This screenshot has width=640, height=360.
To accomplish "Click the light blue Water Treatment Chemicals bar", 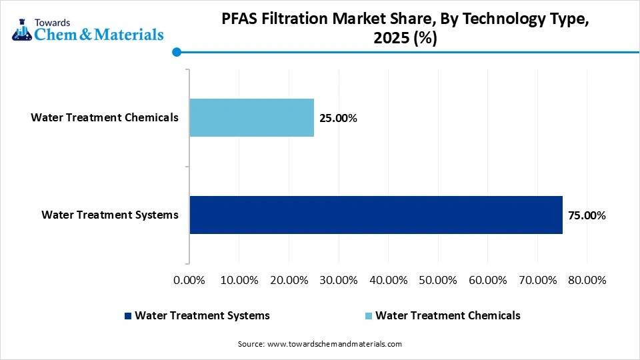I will (x=251, y=118).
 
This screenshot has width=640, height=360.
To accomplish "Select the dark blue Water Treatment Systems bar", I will (x=376, y=215).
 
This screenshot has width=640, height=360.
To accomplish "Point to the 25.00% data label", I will (x=339, y=119).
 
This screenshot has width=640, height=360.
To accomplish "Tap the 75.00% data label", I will (x=587, y=215).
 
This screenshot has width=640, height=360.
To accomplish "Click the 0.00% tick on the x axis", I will (x=189, y=280).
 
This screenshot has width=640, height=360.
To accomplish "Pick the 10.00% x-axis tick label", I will (x=239, y=280).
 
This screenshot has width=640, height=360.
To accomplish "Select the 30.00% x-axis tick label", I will (x=338, y=280).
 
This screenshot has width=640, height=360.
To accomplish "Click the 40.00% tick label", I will (x=387, y=280).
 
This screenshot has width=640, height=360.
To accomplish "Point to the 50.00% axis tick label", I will (x=437, y=280).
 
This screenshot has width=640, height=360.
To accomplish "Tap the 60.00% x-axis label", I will (x=487, y=280).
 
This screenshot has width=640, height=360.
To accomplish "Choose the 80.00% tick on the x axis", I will (x=586, y=280).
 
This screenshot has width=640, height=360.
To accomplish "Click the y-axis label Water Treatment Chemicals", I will (x=105, y=118).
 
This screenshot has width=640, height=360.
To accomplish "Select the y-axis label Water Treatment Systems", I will (x=110, y=215).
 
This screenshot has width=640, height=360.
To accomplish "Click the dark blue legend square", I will (x=127, y=316).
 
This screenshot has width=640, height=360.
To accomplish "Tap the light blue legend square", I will (x=369, y=316).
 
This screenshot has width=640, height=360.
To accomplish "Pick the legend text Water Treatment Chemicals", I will (x=447, y=315).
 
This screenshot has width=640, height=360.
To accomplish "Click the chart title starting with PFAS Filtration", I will (x=405, y=29).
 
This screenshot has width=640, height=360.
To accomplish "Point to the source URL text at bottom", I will (x=320, y=344).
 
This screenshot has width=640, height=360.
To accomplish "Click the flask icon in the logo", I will (x=21, y=27).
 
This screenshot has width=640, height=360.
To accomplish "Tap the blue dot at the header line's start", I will (x=177, y=52).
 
